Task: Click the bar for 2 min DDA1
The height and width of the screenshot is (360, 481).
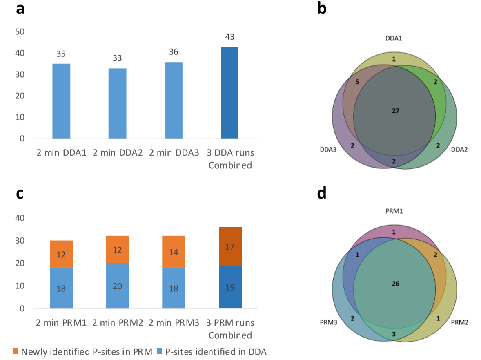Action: coord(61,101)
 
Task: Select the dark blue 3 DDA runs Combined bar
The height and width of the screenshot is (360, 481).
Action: coord(229,93)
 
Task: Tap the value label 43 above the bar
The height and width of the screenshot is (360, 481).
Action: coord(229,37)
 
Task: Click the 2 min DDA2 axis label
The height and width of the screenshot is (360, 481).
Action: coord(118,153)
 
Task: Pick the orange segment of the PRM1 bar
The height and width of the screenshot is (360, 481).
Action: coord(61,254)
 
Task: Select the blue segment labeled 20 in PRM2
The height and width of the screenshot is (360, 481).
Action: coord(118,286)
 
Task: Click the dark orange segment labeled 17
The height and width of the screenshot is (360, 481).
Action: coord(230,246)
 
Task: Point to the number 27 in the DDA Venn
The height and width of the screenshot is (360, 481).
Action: coord(395,110)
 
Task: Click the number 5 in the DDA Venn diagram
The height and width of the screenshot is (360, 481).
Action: coord(357,82)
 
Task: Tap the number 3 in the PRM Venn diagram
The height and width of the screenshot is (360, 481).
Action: coord(394,334)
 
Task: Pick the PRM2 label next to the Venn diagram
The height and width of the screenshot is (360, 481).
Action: coord(460,322)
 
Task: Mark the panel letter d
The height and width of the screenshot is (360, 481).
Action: coord(322,193)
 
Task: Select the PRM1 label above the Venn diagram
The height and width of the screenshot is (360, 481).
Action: coord(394,211)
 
